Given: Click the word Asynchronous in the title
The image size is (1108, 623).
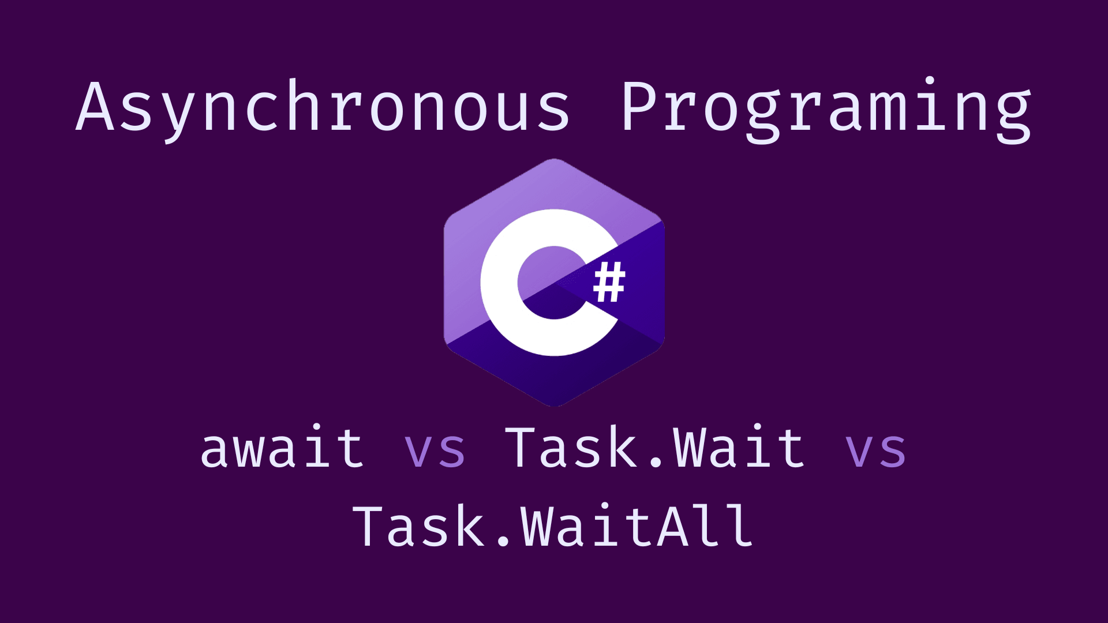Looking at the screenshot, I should [323, 107].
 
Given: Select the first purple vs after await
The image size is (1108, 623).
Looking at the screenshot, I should [435, 449].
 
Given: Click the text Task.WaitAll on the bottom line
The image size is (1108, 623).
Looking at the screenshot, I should [553, 526].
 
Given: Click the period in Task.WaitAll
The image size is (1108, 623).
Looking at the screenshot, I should [503, 542].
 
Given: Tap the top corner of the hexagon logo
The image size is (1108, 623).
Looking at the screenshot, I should [554, 160].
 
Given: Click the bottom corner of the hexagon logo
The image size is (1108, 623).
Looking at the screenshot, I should [554, 406].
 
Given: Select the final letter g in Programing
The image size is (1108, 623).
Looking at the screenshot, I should [1013, 115].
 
